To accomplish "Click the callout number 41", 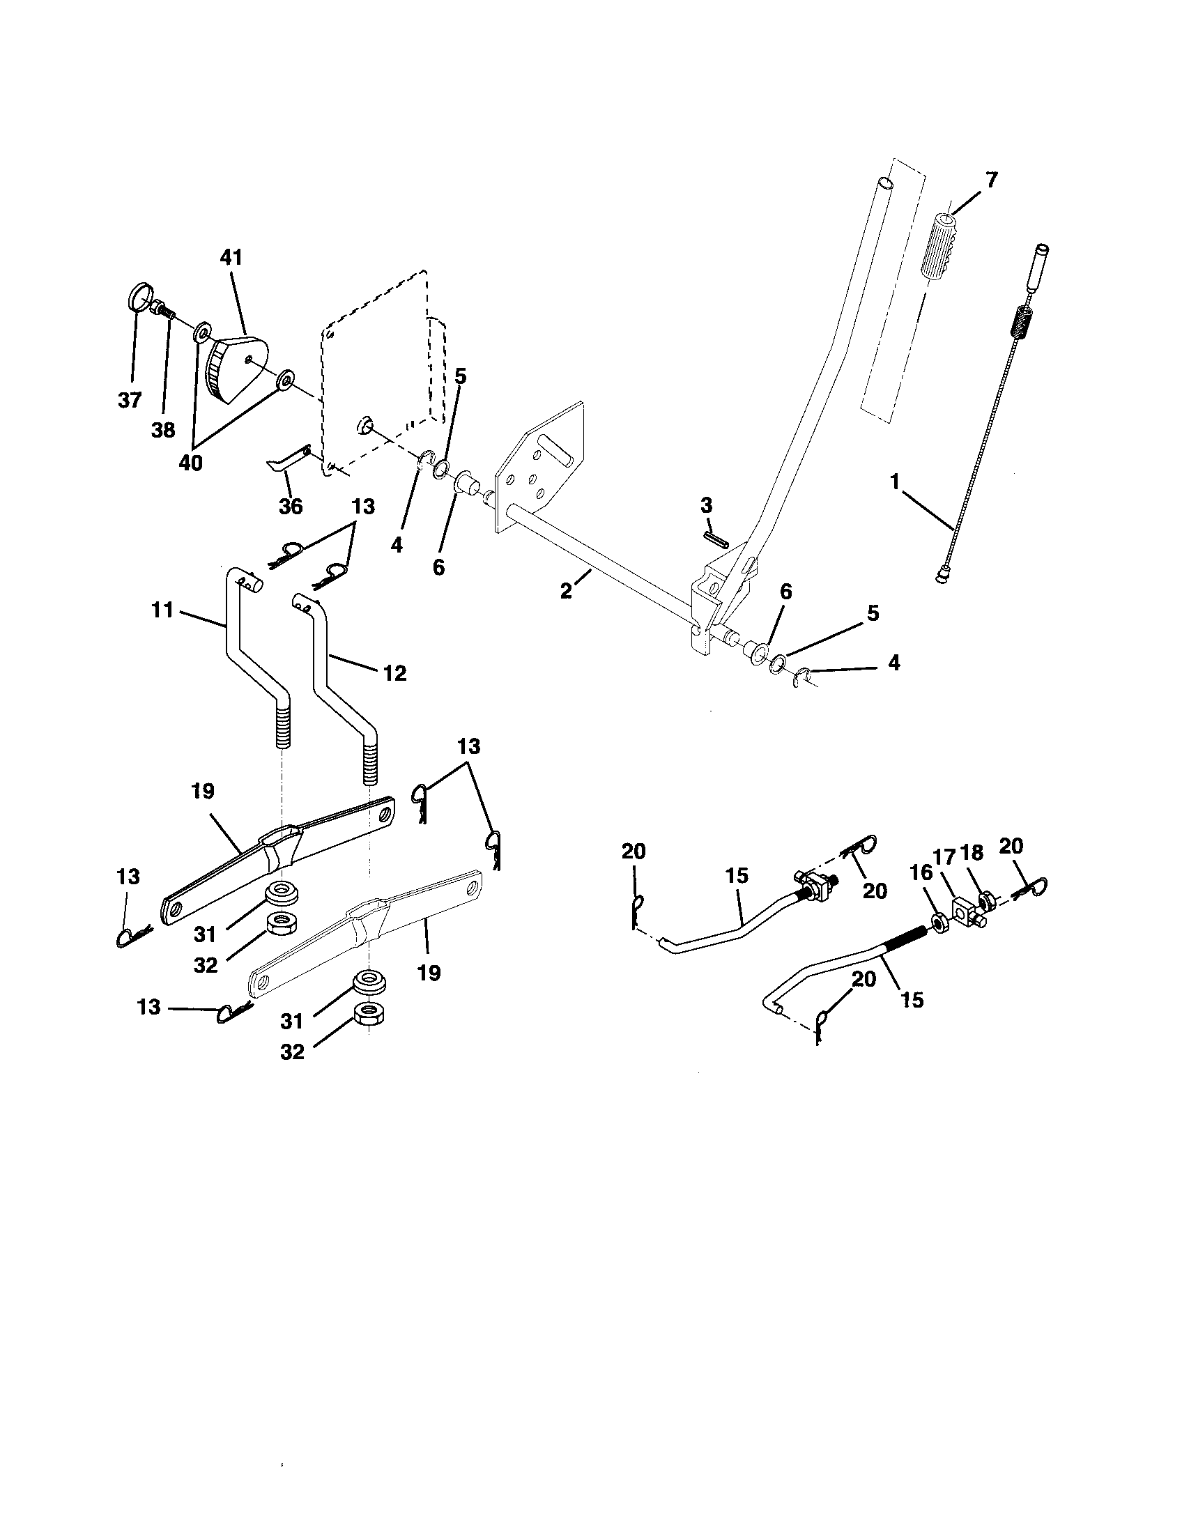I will pyautogui.click(x=231, y=258).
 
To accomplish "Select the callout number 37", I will pyautogui.click(x=130, y=400).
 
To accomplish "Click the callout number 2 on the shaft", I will pyautogui.click(x=567, y=590).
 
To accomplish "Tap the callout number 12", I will pyautogui.click(x=395, y=673).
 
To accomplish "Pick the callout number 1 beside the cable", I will pyautogui.click(x=894, y=482).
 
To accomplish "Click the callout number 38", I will pyautogui.click(x=163, y=429).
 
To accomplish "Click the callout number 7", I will pyautogui.click(x=990, y=180).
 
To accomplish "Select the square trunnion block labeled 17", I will pyautogui.click(x=966, y=914).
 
